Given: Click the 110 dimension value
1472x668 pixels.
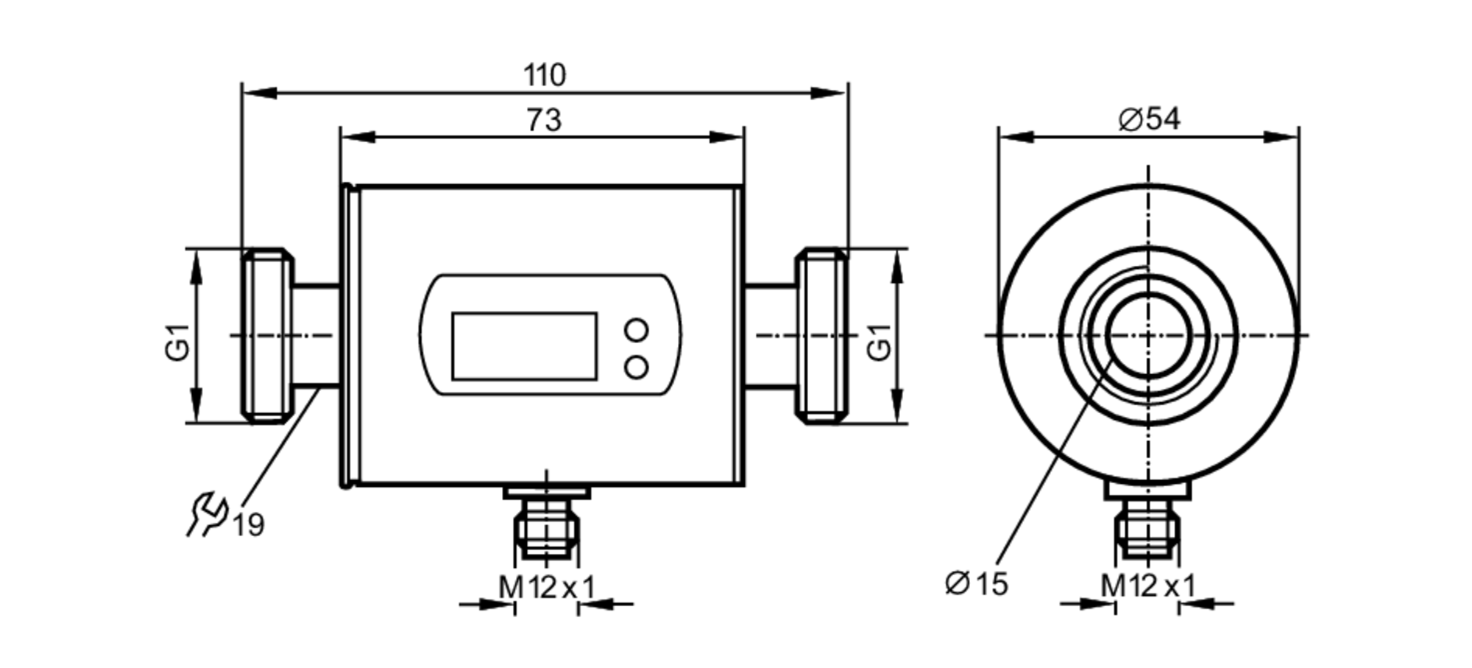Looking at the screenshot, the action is [545, 75].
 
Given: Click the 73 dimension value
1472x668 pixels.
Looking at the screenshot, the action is [544, 120].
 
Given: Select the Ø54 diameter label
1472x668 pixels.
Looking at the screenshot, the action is [1149, 119].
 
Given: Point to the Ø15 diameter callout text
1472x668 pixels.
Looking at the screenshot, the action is [977, 583].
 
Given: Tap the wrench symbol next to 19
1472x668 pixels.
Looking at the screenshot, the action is [206, 513].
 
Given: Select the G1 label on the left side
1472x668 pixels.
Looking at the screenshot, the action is [178, 342].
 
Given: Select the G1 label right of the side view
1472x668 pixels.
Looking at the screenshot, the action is [880, 342].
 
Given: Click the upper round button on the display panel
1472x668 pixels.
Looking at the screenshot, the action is [636, 330].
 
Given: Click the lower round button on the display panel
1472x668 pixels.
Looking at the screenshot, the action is [636, 367].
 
